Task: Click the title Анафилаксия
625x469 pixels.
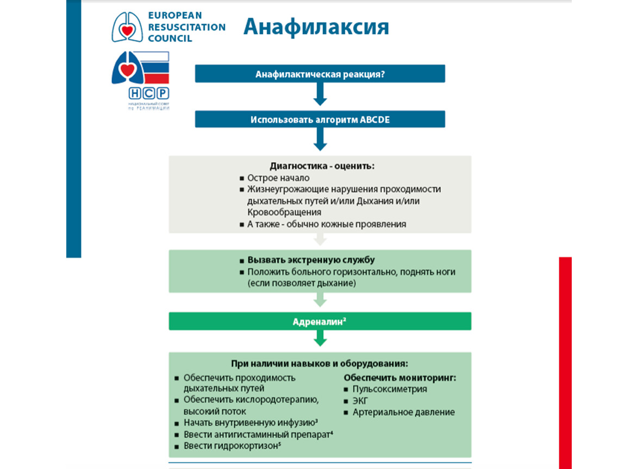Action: [x=316, y=27]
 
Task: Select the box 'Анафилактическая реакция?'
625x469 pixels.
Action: [x=320, y=74]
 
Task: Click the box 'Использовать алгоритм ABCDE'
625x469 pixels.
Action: [x=320, y=119]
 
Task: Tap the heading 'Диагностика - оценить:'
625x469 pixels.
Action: [x=322, y=166]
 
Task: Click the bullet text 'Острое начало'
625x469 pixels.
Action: [x=278, y=178]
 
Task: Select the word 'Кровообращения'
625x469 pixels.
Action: [x=284, y=212]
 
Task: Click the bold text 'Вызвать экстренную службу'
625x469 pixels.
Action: [x=311, y=260]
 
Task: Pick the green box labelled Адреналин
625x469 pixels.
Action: [x=320, y=321]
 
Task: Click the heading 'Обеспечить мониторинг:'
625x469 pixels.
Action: [x=400, y=377]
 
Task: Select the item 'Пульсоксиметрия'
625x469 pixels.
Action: [x=390, y=389]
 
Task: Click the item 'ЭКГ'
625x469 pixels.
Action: [x=360, y=401]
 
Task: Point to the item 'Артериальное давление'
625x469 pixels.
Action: [x=403, y=413]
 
